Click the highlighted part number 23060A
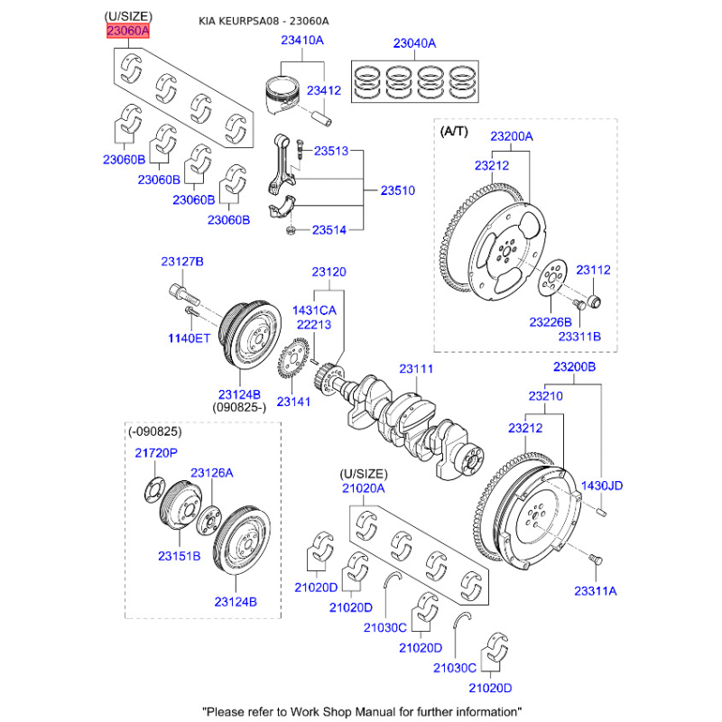pyautogui.click(x=127, y=32)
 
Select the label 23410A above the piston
pyautogui.click(x=301, y=41)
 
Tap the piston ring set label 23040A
pyautogui.click(x=414, y=42)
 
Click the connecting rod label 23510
pyautogui.click(x=397, y=191)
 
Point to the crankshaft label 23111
pyautogui.click(x=417, y=368)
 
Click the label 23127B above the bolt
pyautogui.click(x=183, y=262)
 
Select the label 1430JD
pyautogui.click(x=601, y=486)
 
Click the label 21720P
pyautogui.click(x=157, y=452)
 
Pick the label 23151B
pyautogui.click(x=180, y=556)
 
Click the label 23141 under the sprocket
pyautogui.click(x=293, y=402)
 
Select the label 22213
pyautogui.click(x=315, y=325)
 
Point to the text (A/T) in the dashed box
pyautogui.click(x=455, y=131)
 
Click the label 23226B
pyautogui.click(x=551, y=321)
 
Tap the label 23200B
pyautogui.click(x=574, y=367)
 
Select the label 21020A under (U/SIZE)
pyautogui.click(x=363, y=488)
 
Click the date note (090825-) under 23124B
pyautogui.click(x=238, y=408)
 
